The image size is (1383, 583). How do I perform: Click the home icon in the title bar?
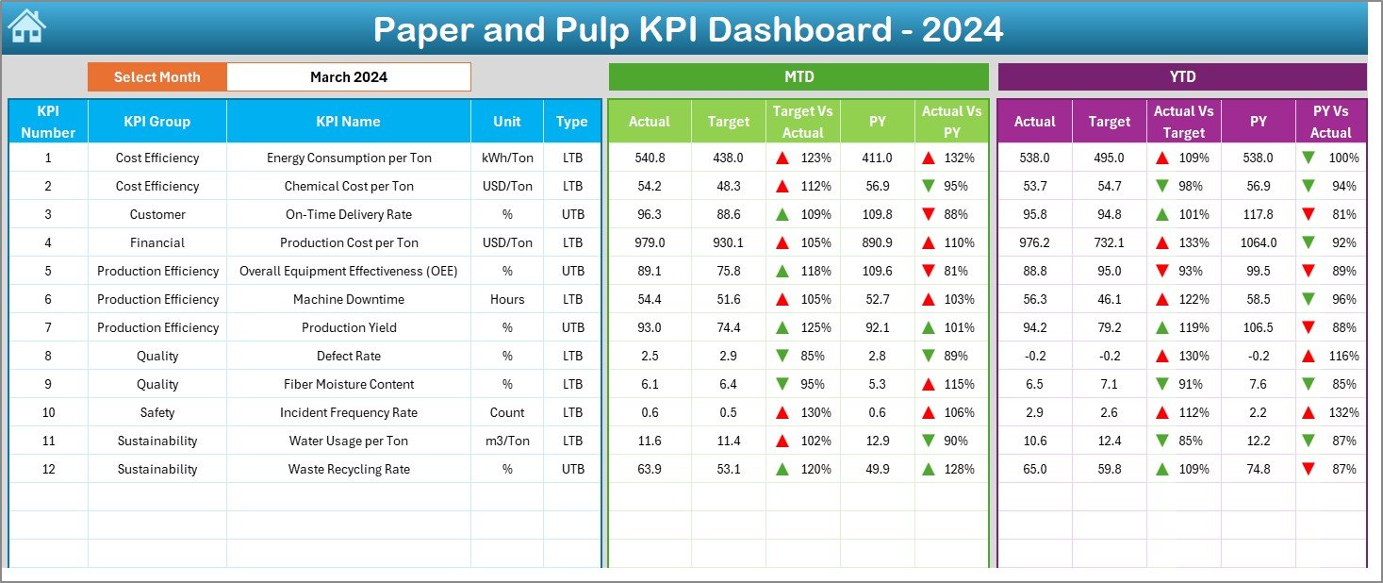click(x=26, y=26)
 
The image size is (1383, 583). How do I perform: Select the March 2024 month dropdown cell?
click(x=349, y=77)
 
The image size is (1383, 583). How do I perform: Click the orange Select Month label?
click(x=156, y=77)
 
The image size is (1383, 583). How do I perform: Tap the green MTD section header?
click(x=799, y=77)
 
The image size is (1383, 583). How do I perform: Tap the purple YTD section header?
click(x=1182, y=77)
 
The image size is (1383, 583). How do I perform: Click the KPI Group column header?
click(x=156, y=122)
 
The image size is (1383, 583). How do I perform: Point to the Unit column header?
click(x=507, y=122)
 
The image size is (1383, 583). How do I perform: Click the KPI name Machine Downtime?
click(x=348, y=299)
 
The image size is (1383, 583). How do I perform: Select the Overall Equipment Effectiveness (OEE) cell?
click(x=348, y=271)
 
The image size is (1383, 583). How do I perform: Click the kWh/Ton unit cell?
click(x=507, y=158)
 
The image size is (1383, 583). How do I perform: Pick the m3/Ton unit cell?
click(x=507, y=441)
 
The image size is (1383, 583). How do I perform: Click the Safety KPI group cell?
click(x=156, y=412)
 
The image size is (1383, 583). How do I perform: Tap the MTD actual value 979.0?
click(x=650, y=242)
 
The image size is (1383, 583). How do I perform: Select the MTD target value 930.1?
click(x=728, y=242)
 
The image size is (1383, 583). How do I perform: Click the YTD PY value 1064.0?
click(x=1258, y=242)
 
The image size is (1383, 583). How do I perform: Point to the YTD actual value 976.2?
click(x=1034, y=242)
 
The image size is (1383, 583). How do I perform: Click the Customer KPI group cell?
click(x=156, y=214)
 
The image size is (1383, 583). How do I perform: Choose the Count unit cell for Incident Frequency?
click(x=507, y=412)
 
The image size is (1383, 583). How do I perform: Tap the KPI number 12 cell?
click(x=48, y=469)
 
